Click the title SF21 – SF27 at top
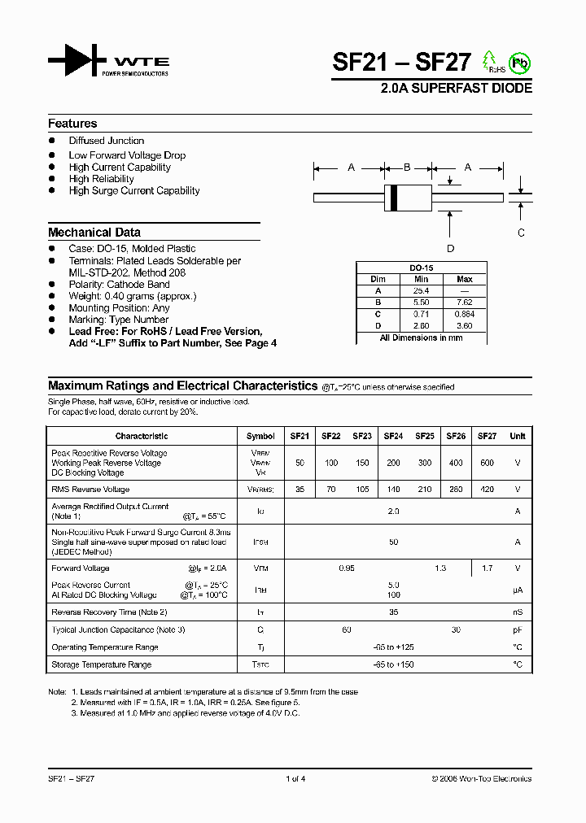click(401, 63)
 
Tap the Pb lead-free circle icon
click(519, 62)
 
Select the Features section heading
click(72, 124)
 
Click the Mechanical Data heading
click(94, 232)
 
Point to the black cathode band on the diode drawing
click(395, 196)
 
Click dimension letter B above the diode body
click(407, 168)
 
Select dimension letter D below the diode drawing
click(450, 249)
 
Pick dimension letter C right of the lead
click(521, 232)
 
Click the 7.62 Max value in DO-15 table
click(465, 302)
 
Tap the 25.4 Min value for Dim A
click(421, 290)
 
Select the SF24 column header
click(393, 436)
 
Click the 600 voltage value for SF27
click(487, 463)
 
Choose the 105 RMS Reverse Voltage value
click(362, 490)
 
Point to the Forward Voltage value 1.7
click(487, 568)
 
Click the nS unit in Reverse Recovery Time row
click(517, 612)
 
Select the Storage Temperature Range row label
click(101, 664)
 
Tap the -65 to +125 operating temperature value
click(393, 647)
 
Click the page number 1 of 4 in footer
click(295, 779)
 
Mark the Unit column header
click(517, 436)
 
